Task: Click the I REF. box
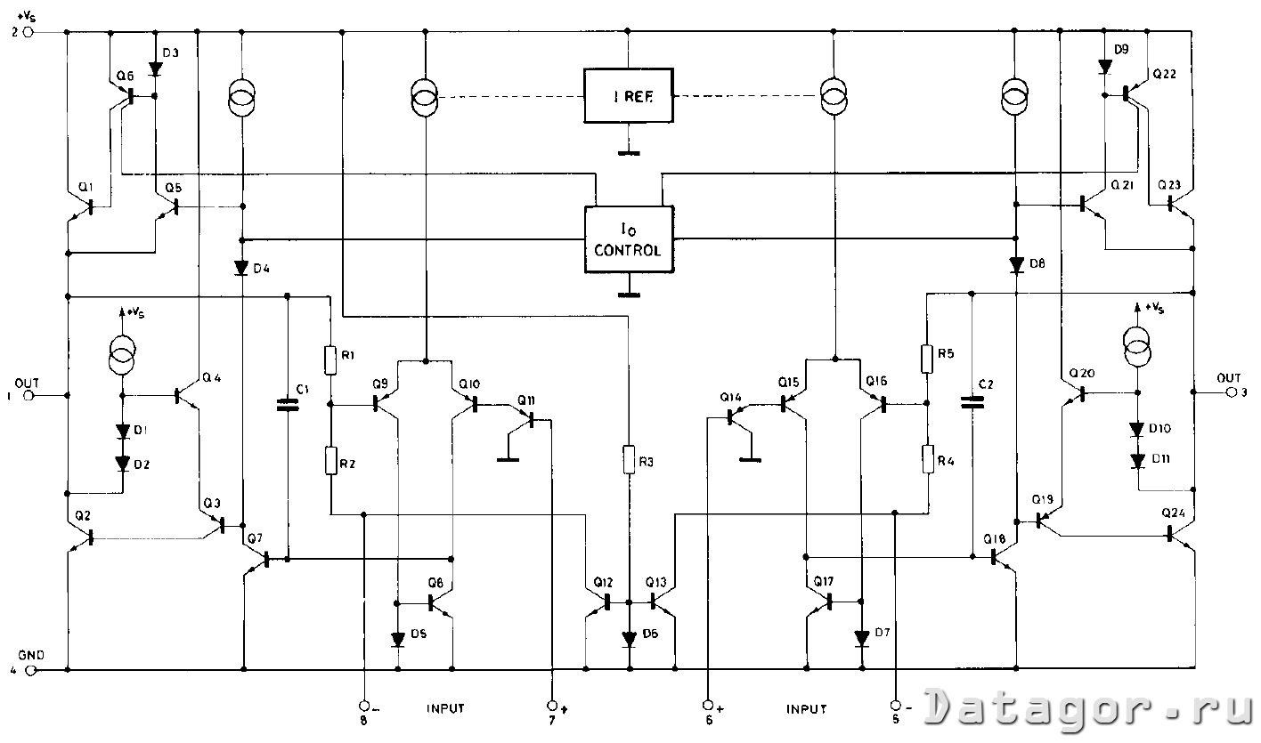[629, 94]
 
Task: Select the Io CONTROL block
[629, 238]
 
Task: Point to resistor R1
[330, 360]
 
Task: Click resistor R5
[927, 359]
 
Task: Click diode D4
[242, 267]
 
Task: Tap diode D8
[1016, 264]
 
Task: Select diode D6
[629, 637]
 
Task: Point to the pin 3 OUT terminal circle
[1232, 392]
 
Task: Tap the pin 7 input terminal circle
[552, 703]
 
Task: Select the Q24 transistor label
[1175, 513]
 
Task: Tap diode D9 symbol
[1104, 67]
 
